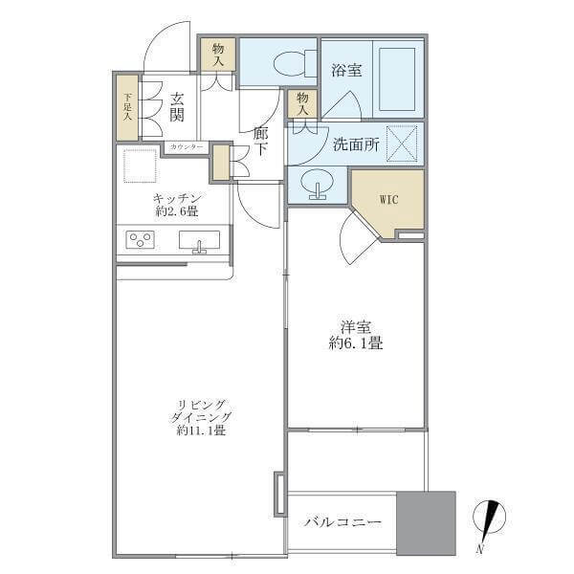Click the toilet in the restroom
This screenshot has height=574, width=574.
(x=295, y=63)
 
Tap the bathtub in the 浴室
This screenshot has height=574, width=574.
(x=397, y=78)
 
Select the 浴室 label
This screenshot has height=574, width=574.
(x=346, y=70)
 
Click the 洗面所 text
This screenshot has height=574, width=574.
(x=356, y=145)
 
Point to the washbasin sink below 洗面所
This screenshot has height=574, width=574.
(x=317, y=184)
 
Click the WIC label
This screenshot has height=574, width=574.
(x=388, y=200)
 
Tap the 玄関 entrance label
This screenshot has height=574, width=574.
(x=177, y=107)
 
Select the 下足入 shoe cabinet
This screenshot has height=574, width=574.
(x=127, y=107)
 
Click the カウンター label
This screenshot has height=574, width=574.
(x=187, y=147)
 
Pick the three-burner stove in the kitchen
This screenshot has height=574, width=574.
(x=140, y=240)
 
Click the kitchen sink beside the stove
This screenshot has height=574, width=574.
(x=199, y=241)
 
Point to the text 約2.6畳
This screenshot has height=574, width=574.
(x=177, y=211)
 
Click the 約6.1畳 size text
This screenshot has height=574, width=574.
(x=356, y=343)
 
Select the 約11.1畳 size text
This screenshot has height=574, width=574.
(x=201, y=430)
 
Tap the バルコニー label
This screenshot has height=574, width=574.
(x=342, y=521)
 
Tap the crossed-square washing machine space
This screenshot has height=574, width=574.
(x=403, y=143)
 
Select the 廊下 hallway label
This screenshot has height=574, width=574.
(x=260, y=142)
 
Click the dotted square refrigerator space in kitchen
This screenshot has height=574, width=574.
(x=141, y=166)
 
